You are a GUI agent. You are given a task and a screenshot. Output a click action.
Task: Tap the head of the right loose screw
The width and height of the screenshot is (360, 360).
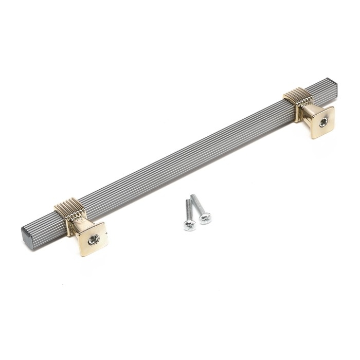205,218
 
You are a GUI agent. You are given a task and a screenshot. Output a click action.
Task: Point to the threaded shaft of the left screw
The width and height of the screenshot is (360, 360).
188,211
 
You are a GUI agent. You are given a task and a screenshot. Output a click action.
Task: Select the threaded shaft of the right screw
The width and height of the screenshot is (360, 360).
199,205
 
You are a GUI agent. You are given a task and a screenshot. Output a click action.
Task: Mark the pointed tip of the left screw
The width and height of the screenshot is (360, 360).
186,201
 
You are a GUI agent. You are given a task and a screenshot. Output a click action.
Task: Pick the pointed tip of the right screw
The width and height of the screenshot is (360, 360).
193,195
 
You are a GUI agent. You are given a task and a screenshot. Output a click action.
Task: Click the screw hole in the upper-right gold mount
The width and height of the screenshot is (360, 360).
323,122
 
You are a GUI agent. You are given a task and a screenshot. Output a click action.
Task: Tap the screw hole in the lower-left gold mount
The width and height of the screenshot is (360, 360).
93,239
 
